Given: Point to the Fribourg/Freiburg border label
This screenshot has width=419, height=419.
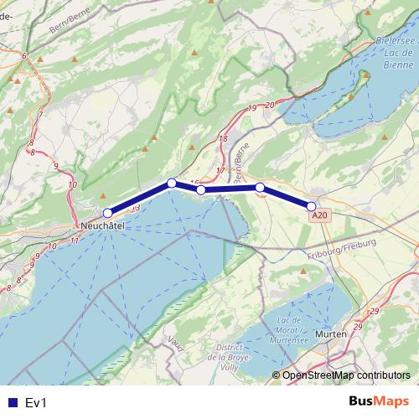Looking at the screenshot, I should coord(341,248).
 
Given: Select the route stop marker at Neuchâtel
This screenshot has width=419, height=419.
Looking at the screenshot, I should coord(107,213).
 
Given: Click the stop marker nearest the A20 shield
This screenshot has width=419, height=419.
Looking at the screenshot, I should coord(311,206).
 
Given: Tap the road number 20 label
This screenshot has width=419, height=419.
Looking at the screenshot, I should coord(269,104).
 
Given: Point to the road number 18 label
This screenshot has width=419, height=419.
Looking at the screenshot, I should coord(222,139).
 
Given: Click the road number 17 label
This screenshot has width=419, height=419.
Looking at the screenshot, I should coord(220,171).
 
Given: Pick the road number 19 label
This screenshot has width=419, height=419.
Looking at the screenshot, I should coord(252,109).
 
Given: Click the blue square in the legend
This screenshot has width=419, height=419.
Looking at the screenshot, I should coord(11,402).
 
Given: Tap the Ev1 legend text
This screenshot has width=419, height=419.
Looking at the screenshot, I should coord(35,402).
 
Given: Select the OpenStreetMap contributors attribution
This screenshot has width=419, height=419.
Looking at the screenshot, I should coord(347,375).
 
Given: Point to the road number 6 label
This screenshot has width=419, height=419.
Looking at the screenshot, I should coord(24,56).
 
